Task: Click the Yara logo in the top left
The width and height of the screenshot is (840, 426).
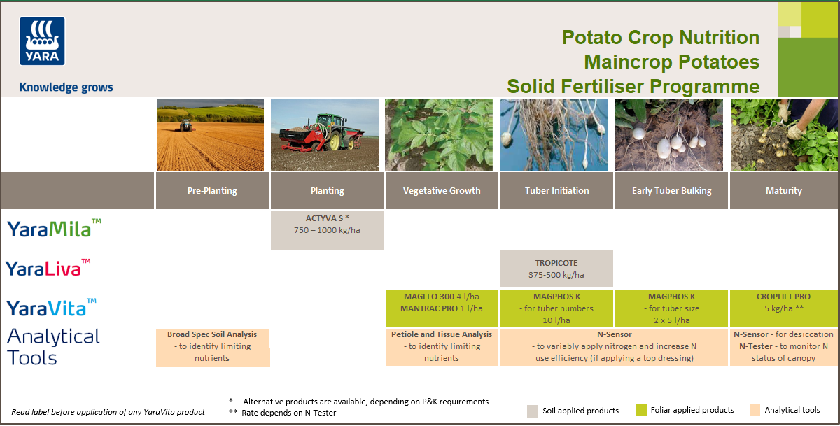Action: click(x=42, y=41)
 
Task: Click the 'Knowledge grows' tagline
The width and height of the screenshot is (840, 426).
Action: click(x=66, y=87)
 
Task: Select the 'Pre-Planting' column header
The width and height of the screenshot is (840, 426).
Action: click(x=212, y=190)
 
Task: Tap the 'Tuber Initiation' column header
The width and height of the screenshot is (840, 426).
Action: click(x=556, y=190)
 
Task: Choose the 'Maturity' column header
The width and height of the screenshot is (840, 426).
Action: click(x=784, y=190)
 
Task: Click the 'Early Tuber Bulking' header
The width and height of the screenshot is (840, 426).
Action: click(x=671, y=190)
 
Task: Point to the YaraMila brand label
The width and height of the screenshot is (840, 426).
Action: click(x=54, y=228)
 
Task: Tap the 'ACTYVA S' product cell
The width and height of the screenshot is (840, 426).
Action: click(x=327, y=229)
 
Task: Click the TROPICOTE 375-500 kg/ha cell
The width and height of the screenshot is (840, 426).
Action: click(x=556, y=269)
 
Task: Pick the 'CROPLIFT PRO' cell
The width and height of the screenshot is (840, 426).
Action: click(x=784, y=308)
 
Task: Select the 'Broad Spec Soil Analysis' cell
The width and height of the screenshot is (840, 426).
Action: click(x=212, y=346)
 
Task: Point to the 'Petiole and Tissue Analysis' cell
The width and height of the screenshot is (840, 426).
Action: click(x=442, y=346)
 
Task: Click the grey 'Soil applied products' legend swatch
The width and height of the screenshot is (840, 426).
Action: click(x=533, y=411)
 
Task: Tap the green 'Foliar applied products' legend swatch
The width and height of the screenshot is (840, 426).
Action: click(x=641, y=411)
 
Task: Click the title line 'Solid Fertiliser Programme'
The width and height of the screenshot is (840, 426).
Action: click(x=633, y=86)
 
